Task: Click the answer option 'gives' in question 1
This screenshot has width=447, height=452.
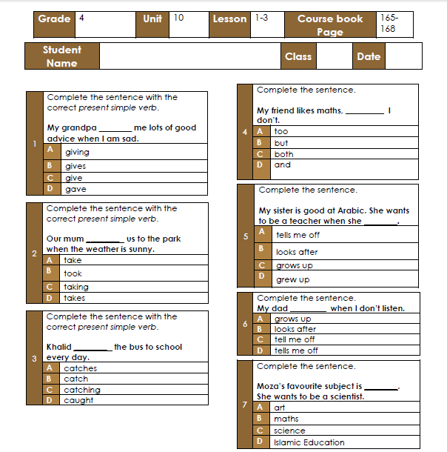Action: coord(75,167)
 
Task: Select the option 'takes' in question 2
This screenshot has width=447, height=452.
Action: coord(74,298)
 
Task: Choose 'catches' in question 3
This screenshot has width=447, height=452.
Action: coord(80,368)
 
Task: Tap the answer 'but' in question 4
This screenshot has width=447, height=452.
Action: coord(281,143)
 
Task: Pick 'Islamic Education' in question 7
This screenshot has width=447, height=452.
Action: coord(309,442)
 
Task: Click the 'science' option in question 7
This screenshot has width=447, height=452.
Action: coord(289,431)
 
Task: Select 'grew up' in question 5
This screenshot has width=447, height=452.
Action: coord(292,279)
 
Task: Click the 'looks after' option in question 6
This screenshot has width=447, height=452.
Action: coord(295,329)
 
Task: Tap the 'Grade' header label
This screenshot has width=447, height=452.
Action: coord(54,19)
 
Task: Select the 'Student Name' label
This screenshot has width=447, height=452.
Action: coord(61,56)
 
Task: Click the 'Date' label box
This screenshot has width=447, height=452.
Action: coord(369,56)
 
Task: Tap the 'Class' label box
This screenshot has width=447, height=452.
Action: coord(298,56)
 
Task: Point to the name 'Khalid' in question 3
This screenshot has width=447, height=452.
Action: coord(58,347)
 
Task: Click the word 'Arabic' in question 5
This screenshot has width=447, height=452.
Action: coord(340,210)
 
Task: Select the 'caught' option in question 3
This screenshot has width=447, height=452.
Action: coord(78,400)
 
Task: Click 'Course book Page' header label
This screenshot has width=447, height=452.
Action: coord(330,25)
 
